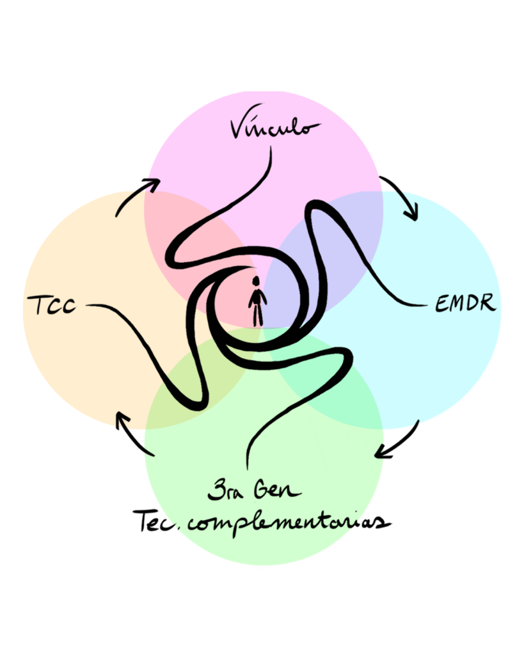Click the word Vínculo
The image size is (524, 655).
273,126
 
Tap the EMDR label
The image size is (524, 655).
465,303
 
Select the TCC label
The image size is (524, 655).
51,304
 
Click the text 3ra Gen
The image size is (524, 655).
254,493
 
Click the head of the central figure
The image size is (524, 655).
256,281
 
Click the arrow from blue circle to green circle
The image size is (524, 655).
399,441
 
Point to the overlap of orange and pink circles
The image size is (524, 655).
186,230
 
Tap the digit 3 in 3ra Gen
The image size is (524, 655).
214,493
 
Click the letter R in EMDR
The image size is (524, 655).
488,303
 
